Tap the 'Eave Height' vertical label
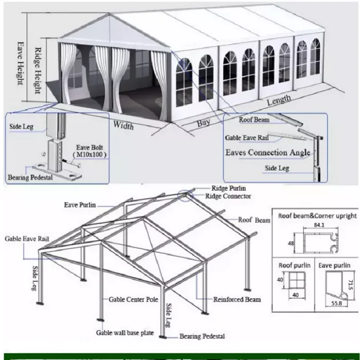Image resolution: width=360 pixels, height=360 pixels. point(20,63)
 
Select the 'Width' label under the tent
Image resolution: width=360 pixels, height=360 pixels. point(123,125)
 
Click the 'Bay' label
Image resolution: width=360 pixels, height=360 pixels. point(204,123)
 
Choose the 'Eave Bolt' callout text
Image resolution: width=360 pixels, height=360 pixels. point(89,147)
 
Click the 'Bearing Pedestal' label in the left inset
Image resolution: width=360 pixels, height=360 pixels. point(30,177)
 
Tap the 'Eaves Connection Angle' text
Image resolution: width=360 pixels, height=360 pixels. point(267,153)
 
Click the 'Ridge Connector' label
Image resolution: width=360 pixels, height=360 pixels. point(228,196)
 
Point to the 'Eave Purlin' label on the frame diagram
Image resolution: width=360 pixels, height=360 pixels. point(80,205)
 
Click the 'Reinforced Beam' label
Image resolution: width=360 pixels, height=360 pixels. point(237,299)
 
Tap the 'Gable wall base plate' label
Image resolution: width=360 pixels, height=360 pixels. point(125,333)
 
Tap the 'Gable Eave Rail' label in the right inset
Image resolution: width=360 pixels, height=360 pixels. point(248,138)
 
